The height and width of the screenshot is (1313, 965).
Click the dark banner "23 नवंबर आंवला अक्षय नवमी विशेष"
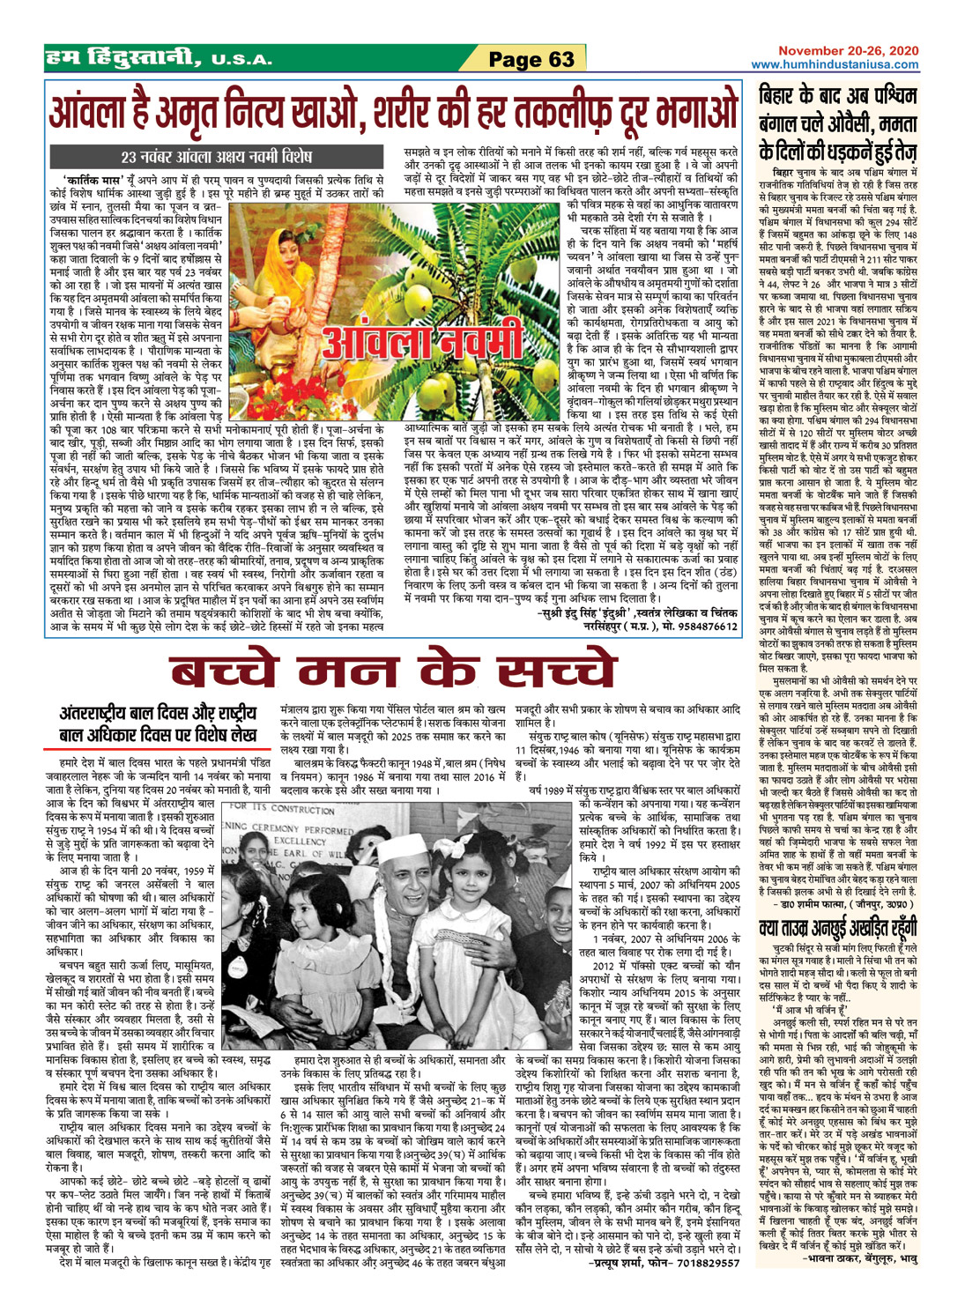click(x=216, y=158)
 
